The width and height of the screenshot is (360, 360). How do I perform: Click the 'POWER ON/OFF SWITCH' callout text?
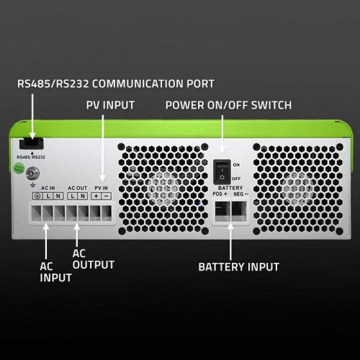point(228,105)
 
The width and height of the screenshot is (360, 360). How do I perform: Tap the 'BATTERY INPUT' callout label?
point(238,266)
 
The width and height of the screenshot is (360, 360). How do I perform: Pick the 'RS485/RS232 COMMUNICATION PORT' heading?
point(116,84)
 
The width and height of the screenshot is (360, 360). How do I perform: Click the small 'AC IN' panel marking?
point(48,188)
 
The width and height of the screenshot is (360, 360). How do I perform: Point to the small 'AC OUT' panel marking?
point(77,188)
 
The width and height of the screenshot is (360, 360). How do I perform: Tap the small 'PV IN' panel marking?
point(102,188)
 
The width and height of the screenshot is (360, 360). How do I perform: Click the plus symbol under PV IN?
point(96,196)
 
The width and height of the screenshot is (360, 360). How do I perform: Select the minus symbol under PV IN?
point(107,196)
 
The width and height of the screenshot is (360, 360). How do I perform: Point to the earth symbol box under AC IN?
point(37,196)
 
